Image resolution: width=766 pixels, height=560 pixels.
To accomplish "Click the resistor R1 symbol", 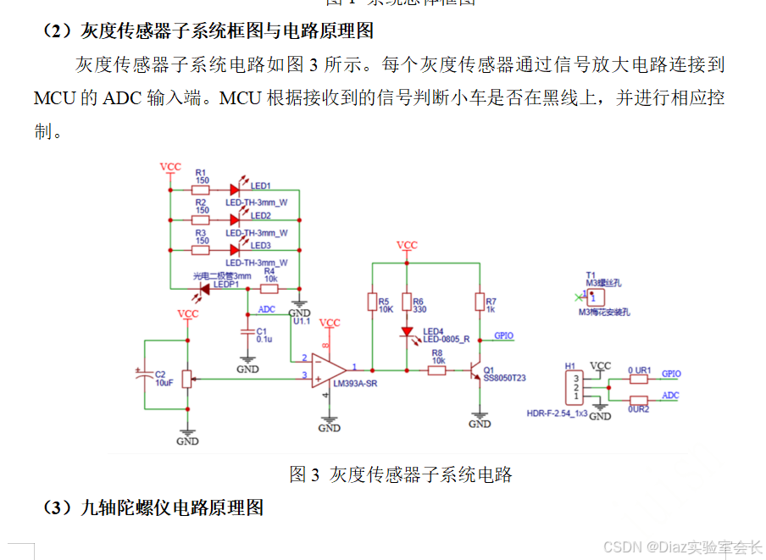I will pyautogui.click(x=201, y=190).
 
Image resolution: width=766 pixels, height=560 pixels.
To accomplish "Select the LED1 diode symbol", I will pyautogui.click(x=235, y=190).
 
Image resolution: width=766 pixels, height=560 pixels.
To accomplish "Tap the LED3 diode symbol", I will pyautogui.click(x=235, y=250).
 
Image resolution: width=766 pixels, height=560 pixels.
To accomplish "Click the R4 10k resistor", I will pyautogui.click(x=269, y=288).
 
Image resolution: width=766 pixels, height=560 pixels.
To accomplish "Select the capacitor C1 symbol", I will pyautogui.click(x=247, y=330).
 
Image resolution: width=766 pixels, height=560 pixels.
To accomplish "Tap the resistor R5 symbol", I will pyautogui.click(x=371, y=302).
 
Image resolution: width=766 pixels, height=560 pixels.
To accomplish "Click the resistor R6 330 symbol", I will pyautogui.click(x=407, y=302).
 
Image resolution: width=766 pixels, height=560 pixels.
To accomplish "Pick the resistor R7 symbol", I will pyautogui.click(x=480, y=302).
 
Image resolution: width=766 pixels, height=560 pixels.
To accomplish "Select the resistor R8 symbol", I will pyautogui.click(x=437, y=370).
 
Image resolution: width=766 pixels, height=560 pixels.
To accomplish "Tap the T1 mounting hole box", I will pyautogui.click(x=595, y=297).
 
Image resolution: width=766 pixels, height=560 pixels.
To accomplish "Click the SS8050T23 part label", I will pyautogui.click(x=504, y=378).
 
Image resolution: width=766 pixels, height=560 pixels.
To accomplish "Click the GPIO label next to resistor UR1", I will pyautogui.click(x=671, y=374).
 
